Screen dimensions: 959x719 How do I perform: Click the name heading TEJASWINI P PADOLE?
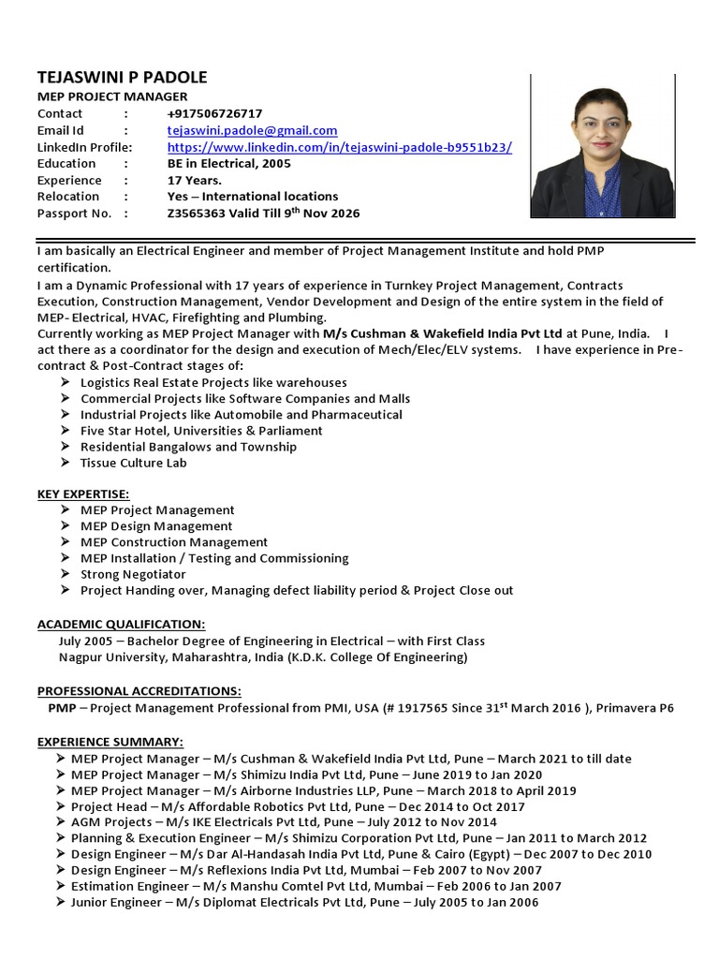(122, 78)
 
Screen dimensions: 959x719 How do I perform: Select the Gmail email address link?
(252, 130)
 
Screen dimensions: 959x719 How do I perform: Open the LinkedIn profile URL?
(339, 147)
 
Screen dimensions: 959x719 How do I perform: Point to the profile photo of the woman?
(602, 147)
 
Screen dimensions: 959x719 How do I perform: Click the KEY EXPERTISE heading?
(83, 494)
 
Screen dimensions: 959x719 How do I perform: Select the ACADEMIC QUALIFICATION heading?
(121, 624)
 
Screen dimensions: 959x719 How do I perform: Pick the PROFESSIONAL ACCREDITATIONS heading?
(139, 690)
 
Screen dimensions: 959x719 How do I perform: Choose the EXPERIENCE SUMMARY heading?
(110, 742)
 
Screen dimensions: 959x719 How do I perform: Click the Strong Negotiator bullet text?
(133, 574)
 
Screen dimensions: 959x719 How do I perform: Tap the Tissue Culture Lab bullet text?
(134, 463)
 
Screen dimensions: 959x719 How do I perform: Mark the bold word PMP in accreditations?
(62, 708)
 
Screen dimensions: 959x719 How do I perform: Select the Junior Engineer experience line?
(304, 903)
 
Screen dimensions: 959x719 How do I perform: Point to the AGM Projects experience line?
(290, 822)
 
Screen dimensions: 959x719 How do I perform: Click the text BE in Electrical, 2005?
(228, 163)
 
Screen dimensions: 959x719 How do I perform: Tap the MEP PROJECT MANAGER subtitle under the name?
(112, 96)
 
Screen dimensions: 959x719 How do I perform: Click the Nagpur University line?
(263, 657)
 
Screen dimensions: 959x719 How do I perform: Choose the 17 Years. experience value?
(195, 180)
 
